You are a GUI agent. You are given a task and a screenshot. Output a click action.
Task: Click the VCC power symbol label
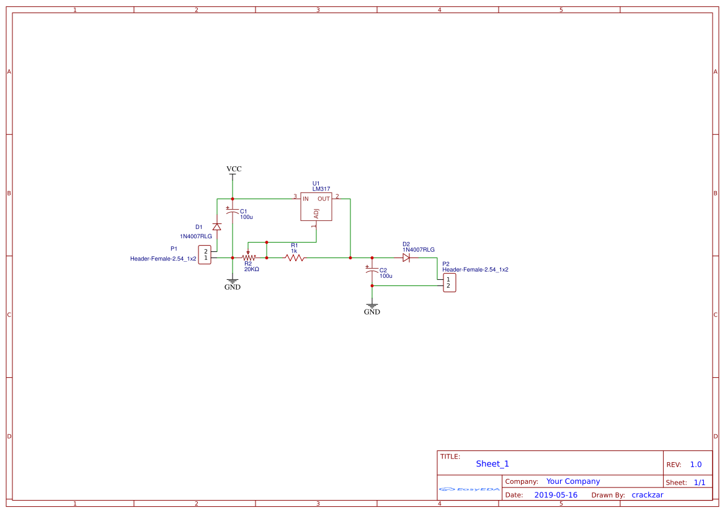(x=234, y=169)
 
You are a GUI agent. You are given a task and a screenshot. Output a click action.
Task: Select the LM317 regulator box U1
(x=316, y=207)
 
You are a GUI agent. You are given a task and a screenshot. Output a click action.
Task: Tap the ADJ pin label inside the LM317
(x=316, y=213)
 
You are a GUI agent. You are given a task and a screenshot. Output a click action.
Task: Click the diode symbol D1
(x=216, y=226)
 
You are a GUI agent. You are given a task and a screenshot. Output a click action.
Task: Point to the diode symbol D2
(x=406, y=257)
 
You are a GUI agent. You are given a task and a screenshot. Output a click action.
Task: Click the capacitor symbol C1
(x=233, y=212)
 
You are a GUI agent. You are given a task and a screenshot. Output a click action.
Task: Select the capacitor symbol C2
(x=371, y=271)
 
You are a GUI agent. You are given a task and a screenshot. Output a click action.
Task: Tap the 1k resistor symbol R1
(x=295, y=257)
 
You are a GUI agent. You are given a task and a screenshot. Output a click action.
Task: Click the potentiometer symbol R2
(x=249, y=257)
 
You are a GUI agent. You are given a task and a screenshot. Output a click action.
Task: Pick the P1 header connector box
(x=205, y=254)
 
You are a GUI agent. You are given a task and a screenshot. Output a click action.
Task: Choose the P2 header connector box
(x=449, y=283)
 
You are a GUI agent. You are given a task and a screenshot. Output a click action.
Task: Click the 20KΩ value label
(x=251, y=269)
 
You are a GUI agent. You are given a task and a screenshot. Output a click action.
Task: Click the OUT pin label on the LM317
(x=324, y=199)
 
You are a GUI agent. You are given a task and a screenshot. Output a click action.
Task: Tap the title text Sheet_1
(x=492, y=463)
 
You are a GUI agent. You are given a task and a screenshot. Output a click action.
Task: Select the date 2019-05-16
(x=556, y=495)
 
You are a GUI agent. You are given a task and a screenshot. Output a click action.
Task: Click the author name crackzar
(x=647, y=495)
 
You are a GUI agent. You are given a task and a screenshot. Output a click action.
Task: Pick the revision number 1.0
(x=696, y=465)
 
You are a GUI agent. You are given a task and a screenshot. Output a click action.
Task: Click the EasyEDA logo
(x=469, y=489)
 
